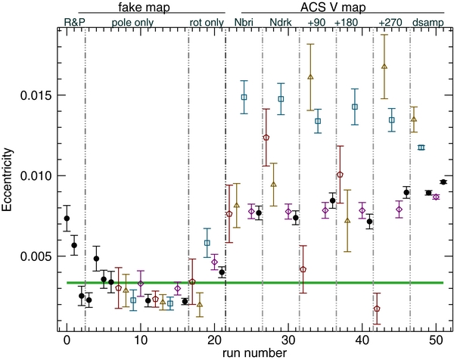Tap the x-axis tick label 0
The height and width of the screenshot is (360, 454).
(x=67, y=337)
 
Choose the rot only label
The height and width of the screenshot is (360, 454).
(x=207, y=23)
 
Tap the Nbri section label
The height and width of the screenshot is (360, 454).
(x=244, y=23)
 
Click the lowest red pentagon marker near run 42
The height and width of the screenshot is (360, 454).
(x=377, y=309)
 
